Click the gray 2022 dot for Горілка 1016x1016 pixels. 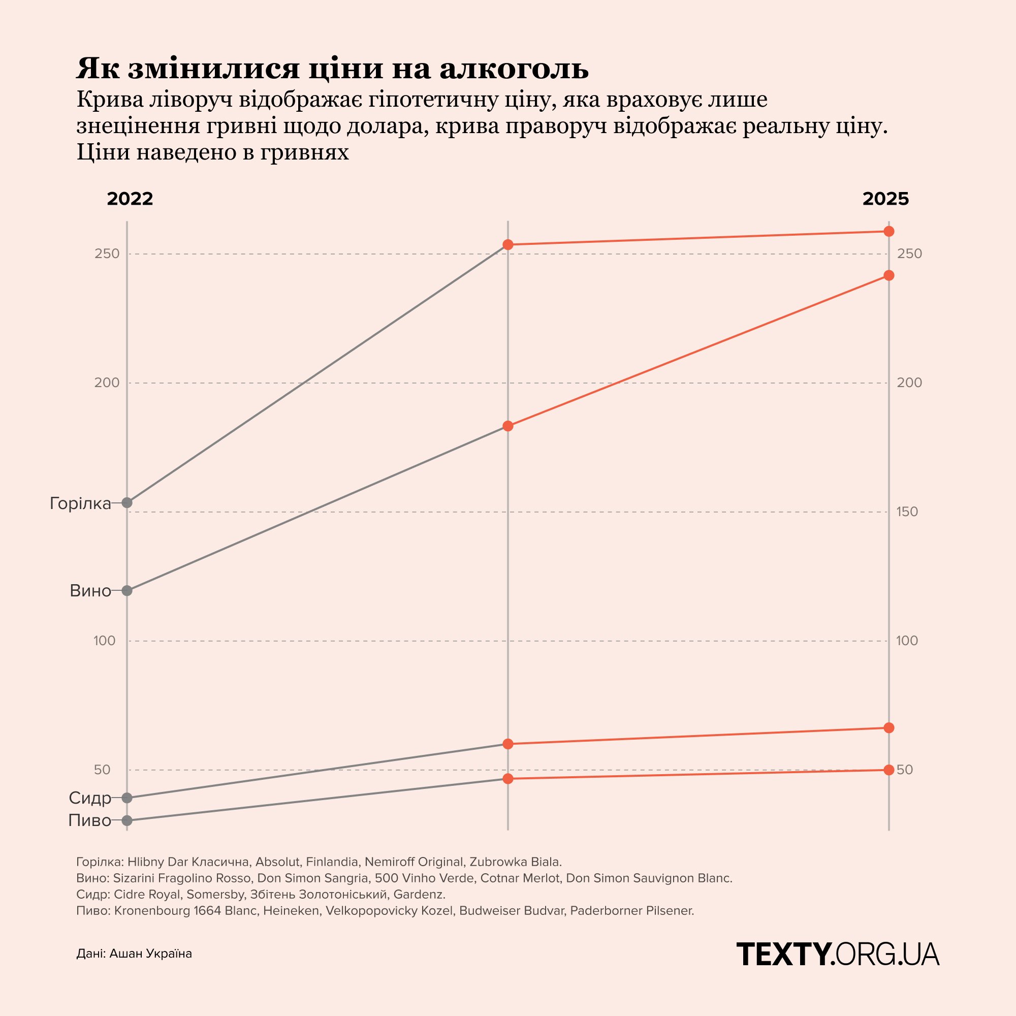point(126,502)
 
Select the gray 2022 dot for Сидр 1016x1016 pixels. point(126,797)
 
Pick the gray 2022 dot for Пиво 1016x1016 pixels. point(126,820)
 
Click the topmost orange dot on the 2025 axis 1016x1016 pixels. point(888,231)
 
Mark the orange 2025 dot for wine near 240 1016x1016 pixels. point(888,275)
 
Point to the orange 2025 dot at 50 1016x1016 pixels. point(888,770)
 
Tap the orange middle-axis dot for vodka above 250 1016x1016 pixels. point(508,244)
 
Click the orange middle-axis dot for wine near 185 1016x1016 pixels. point(508,426)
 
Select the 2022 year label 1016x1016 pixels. point(130,199)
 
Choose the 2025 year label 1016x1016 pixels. point(885,199)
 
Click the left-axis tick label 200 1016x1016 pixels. point(107,383)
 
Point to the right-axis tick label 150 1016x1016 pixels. point(907,512)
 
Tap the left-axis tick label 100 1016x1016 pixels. point(105,641)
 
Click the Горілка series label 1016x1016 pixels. point(80,504)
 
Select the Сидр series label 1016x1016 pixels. point(90,798)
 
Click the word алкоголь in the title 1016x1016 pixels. point(514,69)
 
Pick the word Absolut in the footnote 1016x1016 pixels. point(278,862)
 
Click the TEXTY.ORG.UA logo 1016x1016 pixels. point(838,954)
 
